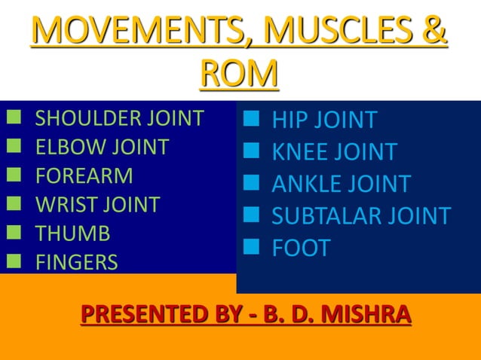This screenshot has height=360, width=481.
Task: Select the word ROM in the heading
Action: pos(240,75)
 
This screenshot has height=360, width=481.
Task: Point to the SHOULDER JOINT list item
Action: pos(120,118)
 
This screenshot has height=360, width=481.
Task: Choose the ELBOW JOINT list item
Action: pos(103,147)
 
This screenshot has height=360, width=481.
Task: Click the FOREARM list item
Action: pos(84,175)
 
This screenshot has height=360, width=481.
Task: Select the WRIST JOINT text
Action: pos(98,204)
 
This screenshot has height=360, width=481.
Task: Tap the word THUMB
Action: pos(73,233)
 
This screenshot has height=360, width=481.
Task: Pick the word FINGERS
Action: pos(77,262)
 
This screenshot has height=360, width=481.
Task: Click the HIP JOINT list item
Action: pos(324,120)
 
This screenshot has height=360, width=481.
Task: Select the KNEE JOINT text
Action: pos(334,152)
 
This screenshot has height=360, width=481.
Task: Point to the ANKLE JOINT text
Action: pos(341,184)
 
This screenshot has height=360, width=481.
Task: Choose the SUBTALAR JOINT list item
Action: pos(361,216)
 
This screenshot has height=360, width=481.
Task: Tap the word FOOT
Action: pos(301,249)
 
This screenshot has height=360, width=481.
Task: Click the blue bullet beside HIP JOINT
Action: pos(252,118)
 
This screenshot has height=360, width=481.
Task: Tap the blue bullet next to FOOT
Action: pos(252,246)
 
